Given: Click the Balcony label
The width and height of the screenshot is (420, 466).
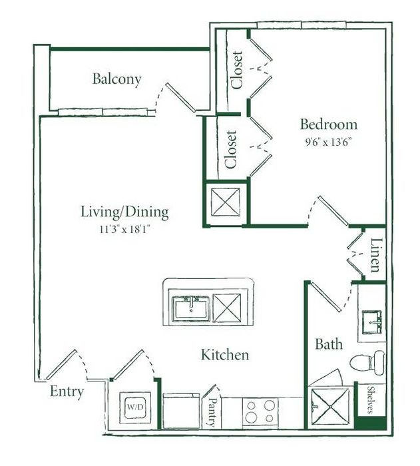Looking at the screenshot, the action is pos(116,79).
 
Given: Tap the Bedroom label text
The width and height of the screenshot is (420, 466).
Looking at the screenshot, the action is pos(328,124).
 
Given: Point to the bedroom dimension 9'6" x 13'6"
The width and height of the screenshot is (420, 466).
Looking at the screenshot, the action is pos(328,142).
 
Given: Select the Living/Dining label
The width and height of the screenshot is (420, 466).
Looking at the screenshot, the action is pos(125,212).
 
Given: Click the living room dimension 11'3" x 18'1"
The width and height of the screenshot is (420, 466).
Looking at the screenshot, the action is pos(125,229).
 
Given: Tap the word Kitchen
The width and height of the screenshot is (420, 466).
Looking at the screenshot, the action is pos(225,355).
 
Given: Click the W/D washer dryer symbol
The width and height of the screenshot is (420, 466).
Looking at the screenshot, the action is pos(135,407).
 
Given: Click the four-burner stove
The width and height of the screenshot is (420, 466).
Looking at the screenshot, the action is pos(260,412).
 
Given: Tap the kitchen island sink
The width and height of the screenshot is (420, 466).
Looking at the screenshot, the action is pos(191,309).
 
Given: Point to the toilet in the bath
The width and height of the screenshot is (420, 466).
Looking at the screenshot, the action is pos(367,363).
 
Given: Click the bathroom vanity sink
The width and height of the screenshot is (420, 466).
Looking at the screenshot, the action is pos(371,322).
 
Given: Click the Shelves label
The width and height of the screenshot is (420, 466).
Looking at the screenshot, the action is pos(371,399).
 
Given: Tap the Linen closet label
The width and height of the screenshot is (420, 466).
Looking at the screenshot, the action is pos(375,255).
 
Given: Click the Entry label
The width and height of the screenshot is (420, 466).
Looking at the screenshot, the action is pos(67,392).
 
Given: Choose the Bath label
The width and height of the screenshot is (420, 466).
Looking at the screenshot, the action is pos(329,344).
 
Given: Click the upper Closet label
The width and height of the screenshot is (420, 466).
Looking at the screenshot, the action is pos(237,70).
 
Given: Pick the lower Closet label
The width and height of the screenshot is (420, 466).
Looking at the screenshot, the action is pos(231,149).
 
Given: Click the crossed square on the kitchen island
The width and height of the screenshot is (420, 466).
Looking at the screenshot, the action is pos(227,308).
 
